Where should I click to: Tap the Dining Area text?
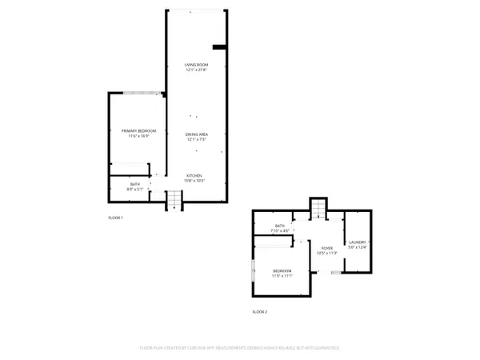[197, 134]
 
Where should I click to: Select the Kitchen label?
[194, 175]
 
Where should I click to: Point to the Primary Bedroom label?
[138, 130]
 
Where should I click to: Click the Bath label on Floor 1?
[134, 185]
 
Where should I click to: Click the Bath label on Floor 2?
[280, 226]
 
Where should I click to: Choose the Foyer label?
[326, 248]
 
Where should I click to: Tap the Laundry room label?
[357, 242]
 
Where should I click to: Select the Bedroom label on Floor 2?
[282, 270]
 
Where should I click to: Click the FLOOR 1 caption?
[116, 218]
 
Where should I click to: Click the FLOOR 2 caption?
[260, 311]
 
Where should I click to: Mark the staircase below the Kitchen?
[174, 201]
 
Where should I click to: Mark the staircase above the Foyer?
[319, 207]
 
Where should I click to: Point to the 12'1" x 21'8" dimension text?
[196, 70]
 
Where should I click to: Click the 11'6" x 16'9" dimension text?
[138, 136]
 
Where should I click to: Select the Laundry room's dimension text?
[357, 247]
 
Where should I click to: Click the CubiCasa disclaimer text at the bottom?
[240, 348]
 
